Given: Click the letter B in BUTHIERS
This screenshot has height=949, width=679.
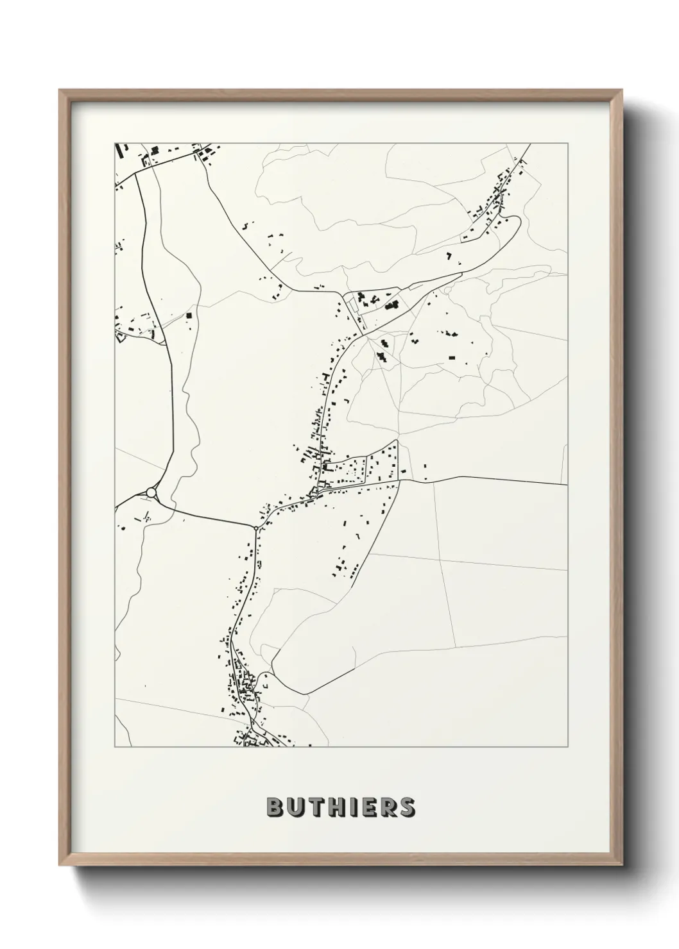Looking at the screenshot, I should pos(274,807).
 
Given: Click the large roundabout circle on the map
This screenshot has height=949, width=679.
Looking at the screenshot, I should pos(151,492).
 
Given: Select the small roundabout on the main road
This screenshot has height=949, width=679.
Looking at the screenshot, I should pos(256,528).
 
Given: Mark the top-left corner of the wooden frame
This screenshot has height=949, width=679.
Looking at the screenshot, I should pos(60,90).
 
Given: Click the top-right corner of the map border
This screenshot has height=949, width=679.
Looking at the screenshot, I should pos(567,143).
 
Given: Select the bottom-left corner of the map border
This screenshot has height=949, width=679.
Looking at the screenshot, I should pos(115,747).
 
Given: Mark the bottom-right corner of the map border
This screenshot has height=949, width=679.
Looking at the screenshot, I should pos(567,747).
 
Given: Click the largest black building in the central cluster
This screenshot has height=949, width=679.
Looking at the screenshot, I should pos(391,306).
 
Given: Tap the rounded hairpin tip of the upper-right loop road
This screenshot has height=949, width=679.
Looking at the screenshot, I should pos(516,221).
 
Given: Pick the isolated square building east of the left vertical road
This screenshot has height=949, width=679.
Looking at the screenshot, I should pos(189,315).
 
